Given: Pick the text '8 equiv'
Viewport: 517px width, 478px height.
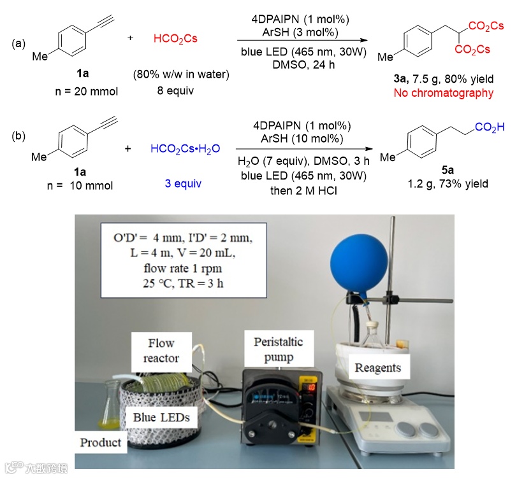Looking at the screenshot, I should click(x=177, y=90).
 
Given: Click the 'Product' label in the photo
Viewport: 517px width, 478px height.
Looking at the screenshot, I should click(x=100, y=442).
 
